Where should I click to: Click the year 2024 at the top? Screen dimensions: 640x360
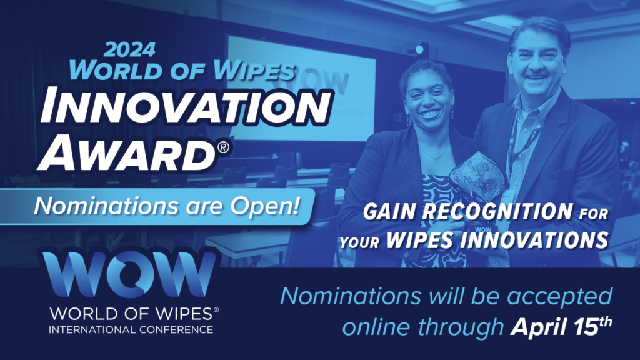pyautogui.click(x=130, y=49)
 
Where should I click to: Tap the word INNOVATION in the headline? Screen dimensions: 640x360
pyautogui.click(x=186, y=106)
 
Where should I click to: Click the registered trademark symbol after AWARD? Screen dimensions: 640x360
pyautogui.click(x=223, y=147)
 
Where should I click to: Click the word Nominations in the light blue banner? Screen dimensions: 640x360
pyautogui.click(x=106, y=205)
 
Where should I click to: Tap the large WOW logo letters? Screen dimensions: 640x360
pyautogui.click(x=129, y=274)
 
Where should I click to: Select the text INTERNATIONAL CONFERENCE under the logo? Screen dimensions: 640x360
pyautogui.click(x=131, y=329)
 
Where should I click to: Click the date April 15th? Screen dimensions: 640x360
pyautogui.click(x=562, y=326)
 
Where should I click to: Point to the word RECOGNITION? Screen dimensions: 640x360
pyautogui.click(x=497, y=212)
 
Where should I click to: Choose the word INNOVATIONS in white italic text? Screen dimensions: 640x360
pyautogui.click(x=534, y=239)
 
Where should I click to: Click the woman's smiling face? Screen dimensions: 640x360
pyautogui.click(x=427, y=99)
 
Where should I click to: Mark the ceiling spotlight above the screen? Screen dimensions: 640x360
pyautogui.click(x=419, y=50)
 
